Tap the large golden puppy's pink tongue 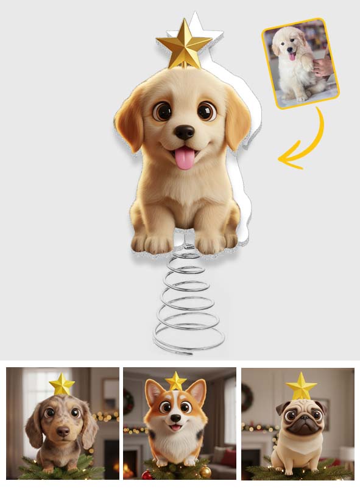(185, 158)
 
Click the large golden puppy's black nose (185, 132)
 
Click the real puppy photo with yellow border (300, 64)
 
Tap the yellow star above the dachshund (62, 385)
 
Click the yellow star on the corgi (176, 382)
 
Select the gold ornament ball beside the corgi (205, 471)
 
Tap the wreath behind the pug (247, 397)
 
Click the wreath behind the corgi (129, 401)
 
